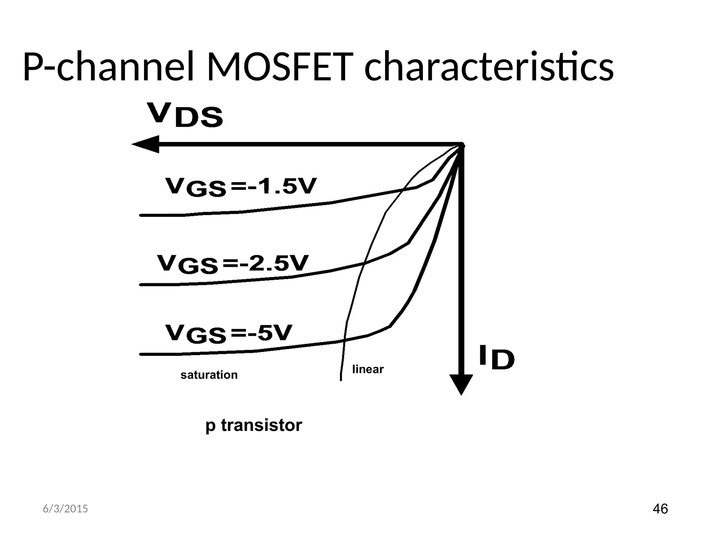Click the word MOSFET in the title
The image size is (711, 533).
276,67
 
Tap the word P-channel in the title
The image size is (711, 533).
108,67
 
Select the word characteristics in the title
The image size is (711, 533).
489,67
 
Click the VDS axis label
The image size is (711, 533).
185,115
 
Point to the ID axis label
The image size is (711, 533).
496,357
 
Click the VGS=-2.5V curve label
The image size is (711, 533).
233,264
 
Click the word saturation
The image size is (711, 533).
209,375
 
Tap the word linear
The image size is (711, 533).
368,369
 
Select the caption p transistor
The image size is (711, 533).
253,425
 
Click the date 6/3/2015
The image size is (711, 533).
65,509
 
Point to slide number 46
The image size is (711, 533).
660,509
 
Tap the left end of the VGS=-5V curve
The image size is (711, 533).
141,354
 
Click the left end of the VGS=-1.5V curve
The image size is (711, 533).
141,215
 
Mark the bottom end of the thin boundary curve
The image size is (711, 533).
341,380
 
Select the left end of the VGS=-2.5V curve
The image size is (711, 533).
141,285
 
